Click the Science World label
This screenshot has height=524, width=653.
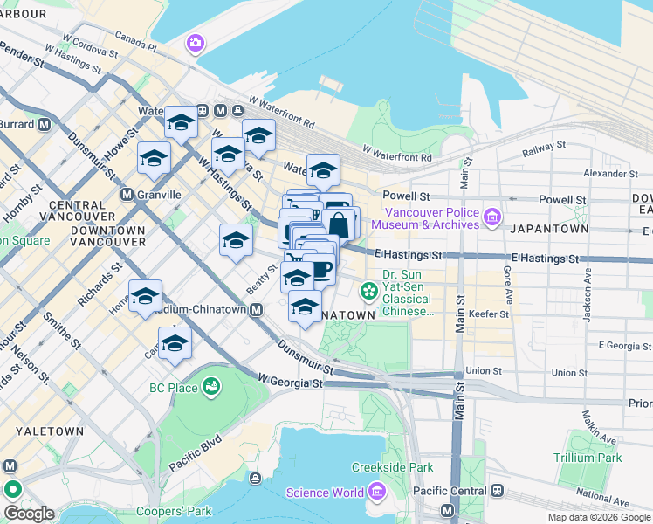(x=326, y=493)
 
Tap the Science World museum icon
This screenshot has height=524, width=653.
(x=377, y=493)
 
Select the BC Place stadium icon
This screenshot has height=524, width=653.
(x=210, y=386)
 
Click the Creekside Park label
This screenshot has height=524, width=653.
(x=392, y=468)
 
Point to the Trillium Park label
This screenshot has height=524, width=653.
(x=587, y=458)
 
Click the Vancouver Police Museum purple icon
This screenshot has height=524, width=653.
(x=491, y=216)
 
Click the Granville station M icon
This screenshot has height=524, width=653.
(x=127, y=194)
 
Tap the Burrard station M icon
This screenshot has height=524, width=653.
(x=43, y=124)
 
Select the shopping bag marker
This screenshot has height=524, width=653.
(x=339, y=225)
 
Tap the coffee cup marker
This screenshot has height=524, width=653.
(x=321, y=270)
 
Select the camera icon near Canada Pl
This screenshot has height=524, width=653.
(x=194, y=42)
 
